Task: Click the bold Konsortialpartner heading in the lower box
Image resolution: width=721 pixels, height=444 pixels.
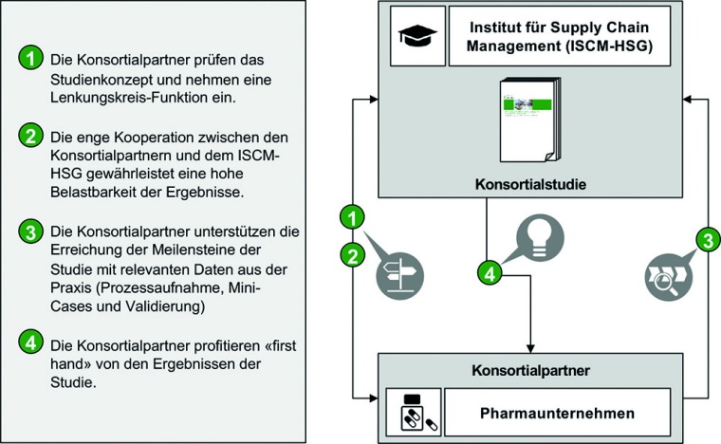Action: coord(532,364)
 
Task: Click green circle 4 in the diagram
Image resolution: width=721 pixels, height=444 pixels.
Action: coord(488,273)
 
